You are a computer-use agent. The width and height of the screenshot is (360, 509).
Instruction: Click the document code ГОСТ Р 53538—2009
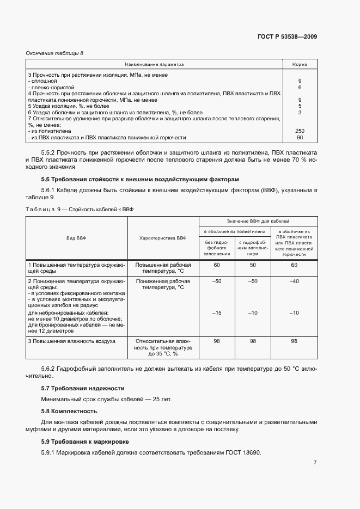coord(287,37)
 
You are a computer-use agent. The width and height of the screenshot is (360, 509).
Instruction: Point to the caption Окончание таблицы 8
coord(55,53)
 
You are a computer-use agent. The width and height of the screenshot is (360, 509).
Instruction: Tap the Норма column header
coord(300,64)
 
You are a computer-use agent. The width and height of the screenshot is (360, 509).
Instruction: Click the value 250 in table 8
coord(300,131)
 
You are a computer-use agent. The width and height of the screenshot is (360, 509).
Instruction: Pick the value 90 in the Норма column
coord(300,138)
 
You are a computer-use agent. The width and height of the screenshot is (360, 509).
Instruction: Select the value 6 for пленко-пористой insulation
coord(300,87)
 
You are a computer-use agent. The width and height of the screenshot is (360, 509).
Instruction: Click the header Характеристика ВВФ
coord(163,238)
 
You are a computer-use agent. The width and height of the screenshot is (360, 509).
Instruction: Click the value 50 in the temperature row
coord(253,265)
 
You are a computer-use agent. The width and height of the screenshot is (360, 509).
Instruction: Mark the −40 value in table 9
coord(294,281)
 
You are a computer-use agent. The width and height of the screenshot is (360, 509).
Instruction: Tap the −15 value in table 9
coord(217,312)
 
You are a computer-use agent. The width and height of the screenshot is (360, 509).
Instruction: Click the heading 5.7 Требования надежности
coord(83,388)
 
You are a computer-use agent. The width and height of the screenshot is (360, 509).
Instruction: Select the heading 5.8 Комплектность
coord(69,411)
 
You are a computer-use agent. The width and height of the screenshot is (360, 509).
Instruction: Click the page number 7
coord(315,463)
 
